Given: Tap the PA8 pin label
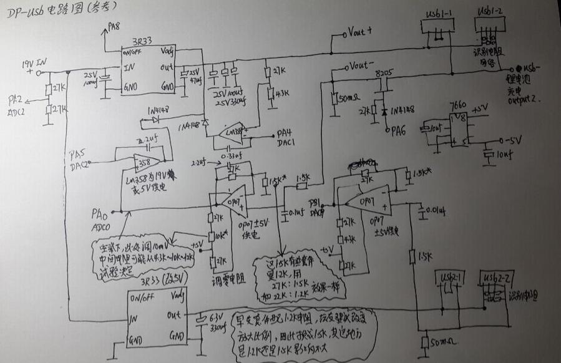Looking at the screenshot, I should click(x=114, y=26).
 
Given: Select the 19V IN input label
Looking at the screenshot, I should click(x=34, y=64).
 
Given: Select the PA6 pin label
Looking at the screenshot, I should click(x=394, y=130).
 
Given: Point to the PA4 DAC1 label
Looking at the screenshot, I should click(x=286, y=137).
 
